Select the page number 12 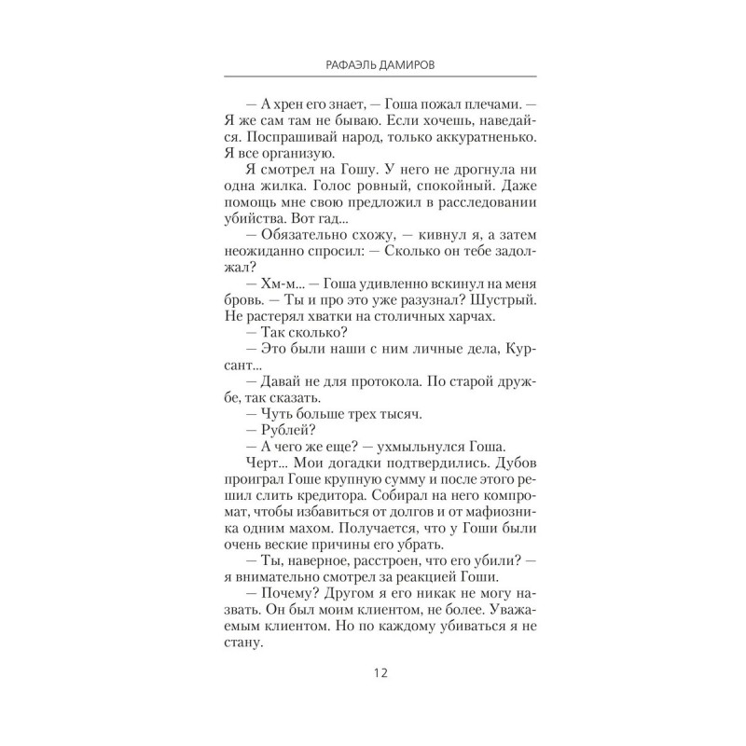(x=373, y=673)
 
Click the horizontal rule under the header (x=373, y=76)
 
